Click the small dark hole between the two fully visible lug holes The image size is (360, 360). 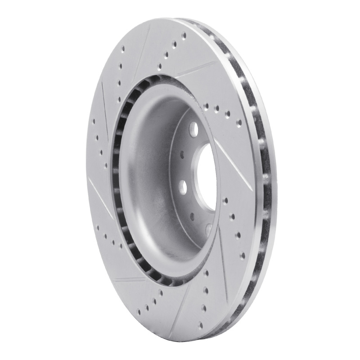[x=182, y=155]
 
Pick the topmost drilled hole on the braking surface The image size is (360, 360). [x=184, y=34]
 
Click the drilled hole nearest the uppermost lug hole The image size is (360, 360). [x=206, y=107]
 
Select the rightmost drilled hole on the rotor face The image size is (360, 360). [x=243, y=255]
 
